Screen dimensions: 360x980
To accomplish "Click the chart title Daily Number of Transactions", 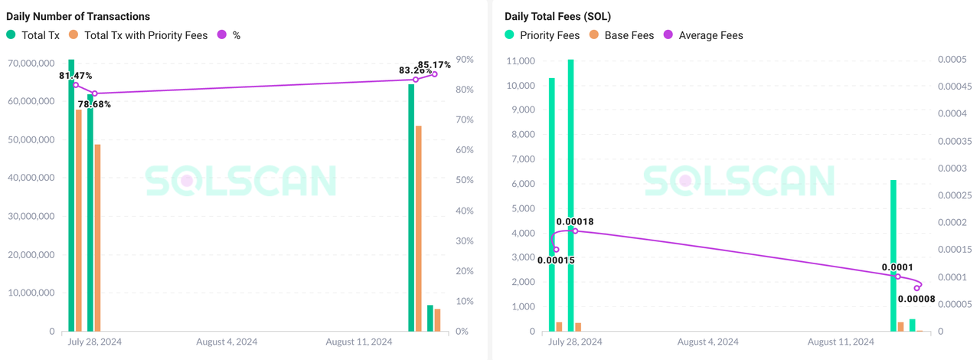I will tap(78, 16).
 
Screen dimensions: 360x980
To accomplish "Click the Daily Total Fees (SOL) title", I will tap(557, 16).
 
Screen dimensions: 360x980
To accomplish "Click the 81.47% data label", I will tap(75, 76).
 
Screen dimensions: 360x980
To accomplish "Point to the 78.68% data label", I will tap(94, 104).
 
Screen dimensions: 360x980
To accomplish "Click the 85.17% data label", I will tap(434, 65).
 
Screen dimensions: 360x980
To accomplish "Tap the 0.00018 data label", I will tap(575, 222).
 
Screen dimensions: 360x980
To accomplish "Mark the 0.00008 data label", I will tap(916, 299).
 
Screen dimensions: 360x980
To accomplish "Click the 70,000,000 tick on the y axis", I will tap(31, 62).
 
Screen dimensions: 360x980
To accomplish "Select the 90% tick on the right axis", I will tap(464, 60).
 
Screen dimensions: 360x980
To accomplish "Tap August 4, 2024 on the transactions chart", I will tap(227, 342).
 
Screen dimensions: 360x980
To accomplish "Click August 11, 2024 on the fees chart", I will tap(841, 342).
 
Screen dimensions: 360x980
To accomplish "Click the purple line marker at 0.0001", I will tap(898, 277).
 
